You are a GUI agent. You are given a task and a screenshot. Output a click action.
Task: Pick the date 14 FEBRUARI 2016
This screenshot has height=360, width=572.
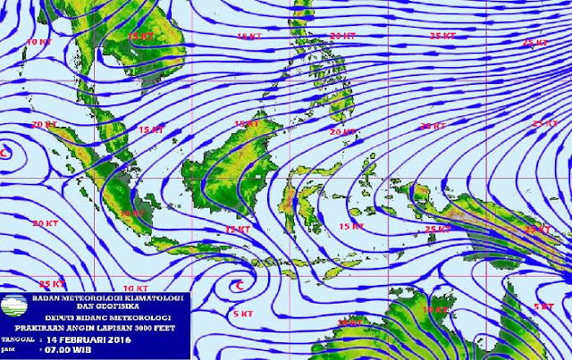click(x=89, y=339)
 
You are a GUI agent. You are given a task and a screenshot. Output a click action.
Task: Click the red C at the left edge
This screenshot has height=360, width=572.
click(x=4, y=154)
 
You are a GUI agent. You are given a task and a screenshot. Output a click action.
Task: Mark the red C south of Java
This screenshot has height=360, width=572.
click(x=238, y=285)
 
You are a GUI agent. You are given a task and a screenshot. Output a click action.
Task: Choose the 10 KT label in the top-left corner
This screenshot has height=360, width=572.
click(x=38, y=42)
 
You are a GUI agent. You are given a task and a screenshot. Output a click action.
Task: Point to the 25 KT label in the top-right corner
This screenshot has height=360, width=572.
click(x=534, y=43)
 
